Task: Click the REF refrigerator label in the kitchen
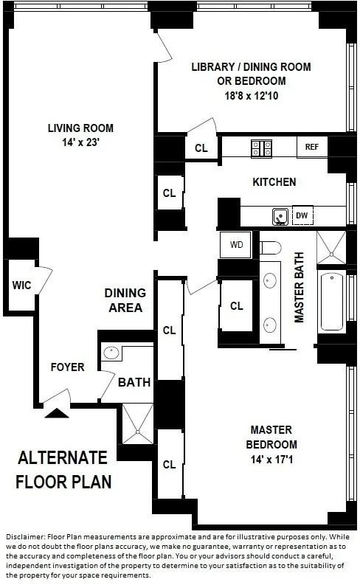(311, 147)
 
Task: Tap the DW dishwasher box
(301, 215)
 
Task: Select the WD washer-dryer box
(236, 244)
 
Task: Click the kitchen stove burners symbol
(260, 147)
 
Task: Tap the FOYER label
(67, 367)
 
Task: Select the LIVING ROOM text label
(80, 128)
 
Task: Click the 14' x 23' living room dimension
(80, 142)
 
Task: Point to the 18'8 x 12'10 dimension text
(251, 95)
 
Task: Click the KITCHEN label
(274, 181)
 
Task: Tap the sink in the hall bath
(111, 352)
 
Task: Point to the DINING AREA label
(124, 300)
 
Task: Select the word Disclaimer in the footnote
(24, 536)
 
